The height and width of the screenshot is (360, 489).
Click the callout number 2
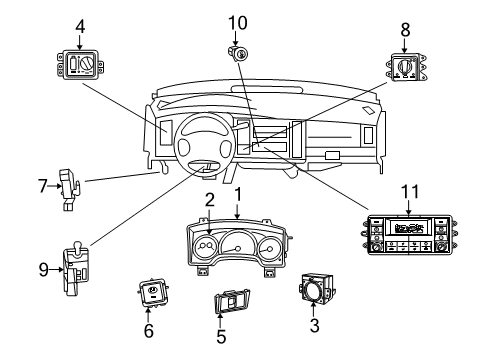click(209, 198)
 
